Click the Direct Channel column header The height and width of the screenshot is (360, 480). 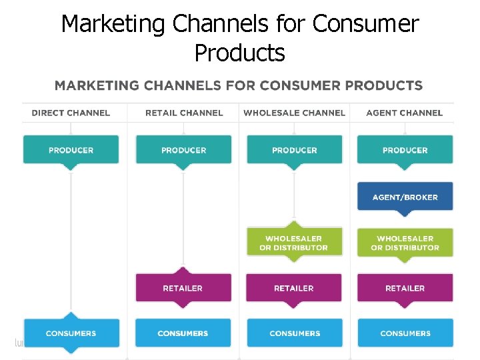tap(71, 113)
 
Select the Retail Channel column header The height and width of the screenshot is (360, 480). tap(184, 113)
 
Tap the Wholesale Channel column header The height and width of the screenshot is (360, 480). tap(294, 113)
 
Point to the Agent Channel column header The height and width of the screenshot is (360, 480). tap(404, 113)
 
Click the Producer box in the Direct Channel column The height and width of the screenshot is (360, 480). tap(71, 150)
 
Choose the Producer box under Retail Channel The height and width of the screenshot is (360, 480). tap(183, 150)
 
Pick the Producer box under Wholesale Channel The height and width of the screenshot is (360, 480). tap(294, 150)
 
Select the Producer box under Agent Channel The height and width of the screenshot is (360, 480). tap(405, 150)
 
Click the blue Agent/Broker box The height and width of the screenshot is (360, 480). tap(405, 197)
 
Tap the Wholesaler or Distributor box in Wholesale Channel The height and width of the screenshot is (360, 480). tap(294, 243)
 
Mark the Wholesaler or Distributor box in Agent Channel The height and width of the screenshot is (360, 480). tap(405, 243)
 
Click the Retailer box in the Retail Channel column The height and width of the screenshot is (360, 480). tap(183, 288)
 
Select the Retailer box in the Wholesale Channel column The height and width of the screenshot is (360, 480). tap(294, 288)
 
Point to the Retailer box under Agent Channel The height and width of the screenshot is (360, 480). tap(405, 288)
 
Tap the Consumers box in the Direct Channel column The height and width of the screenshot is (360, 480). tap(71, 333)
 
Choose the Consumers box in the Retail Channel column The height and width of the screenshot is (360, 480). tap(183, 333)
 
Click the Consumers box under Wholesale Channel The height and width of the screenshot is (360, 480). tap(294, 333)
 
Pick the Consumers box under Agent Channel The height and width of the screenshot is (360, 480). tap(405, 333)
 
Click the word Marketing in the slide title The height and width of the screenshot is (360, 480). tap(113, 24)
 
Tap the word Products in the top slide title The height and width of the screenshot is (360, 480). tap(239, 52)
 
